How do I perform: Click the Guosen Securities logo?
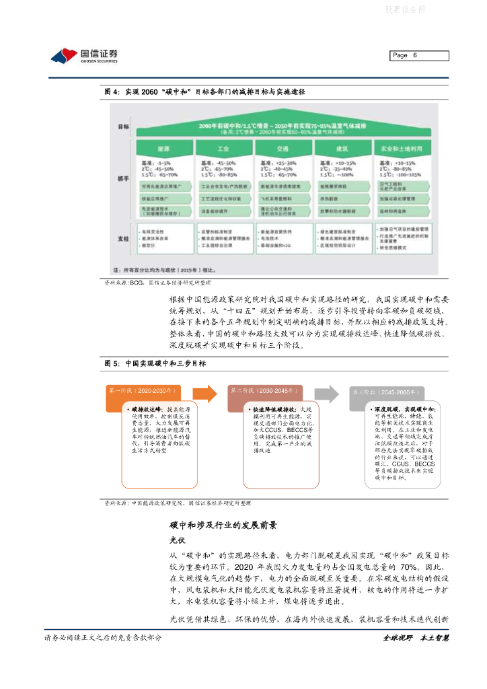84,55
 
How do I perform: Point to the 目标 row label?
123,126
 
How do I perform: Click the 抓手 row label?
123,178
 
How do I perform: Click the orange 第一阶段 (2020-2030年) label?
143,390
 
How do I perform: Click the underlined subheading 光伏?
177,540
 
